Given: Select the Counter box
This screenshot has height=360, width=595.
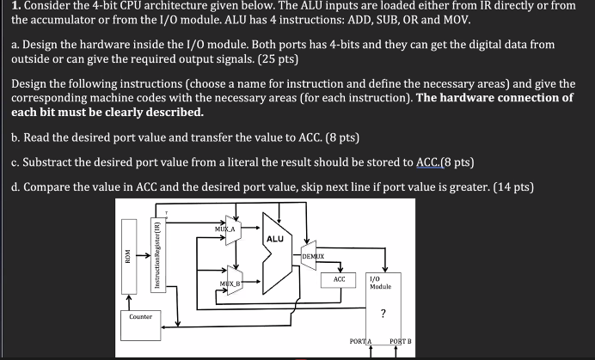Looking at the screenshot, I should pyautogui.click(x=141, y=317).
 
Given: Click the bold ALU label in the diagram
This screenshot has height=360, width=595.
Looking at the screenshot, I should pyautogui.click(x=275, y=239).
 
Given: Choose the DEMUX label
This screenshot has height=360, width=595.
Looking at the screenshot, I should pyautogui.click(x=313, y=256).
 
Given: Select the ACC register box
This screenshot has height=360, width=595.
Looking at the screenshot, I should pyautogui.click(x=339, y=279).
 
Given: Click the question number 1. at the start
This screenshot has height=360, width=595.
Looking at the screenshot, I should pyautogui.click(x=6, y=6).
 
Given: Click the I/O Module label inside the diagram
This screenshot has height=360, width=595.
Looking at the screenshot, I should pyautogui.click(x=380, y=282).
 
